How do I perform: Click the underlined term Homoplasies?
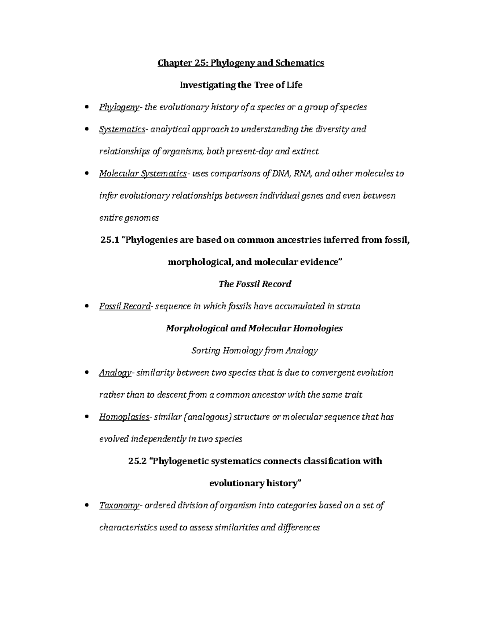coord(124,417)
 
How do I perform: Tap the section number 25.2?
coord(137,461)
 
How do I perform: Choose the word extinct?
coord(305,151)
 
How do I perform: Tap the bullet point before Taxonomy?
coord(87,506)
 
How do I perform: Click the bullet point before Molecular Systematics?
coord(87,174)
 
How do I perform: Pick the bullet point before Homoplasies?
coord(87,417)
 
